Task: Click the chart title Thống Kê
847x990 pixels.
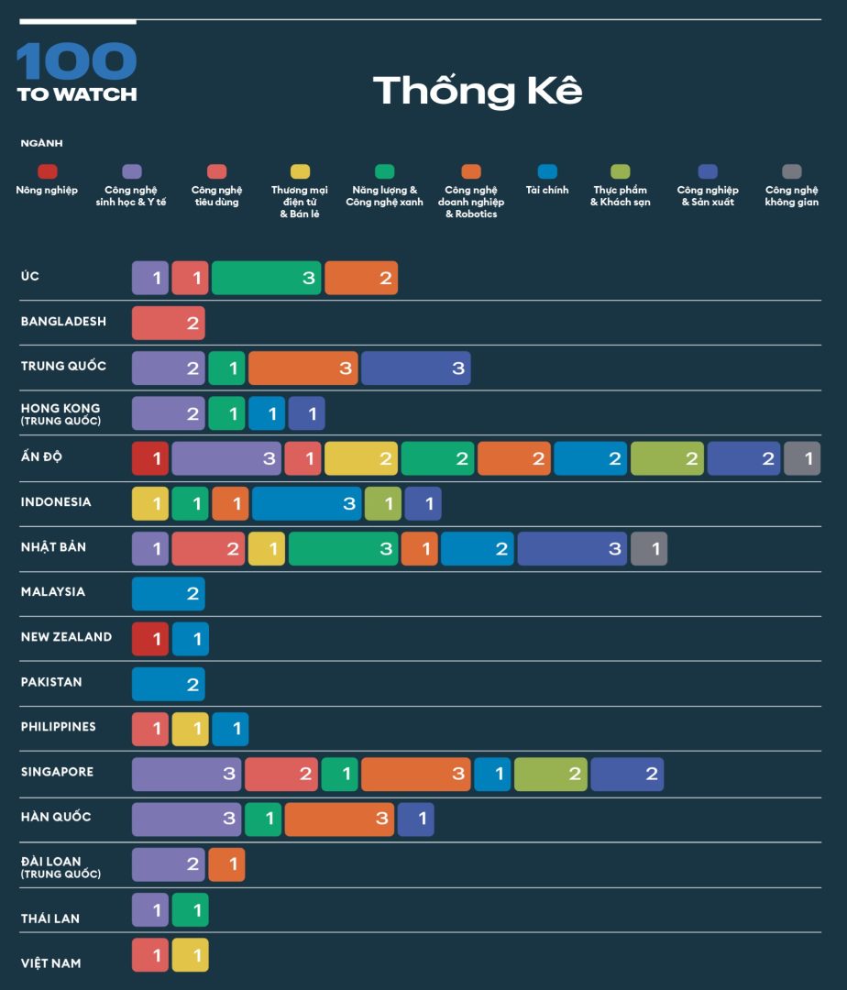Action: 478,91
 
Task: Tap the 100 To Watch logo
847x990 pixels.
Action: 77,72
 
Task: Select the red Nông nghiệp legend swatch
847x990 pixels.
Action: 47,171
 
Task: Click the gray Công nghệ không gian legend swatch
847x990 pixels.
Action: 792,171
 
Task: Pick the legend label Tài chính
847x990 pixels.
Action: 547,191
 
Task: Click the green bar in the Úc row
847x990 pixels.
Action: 266,278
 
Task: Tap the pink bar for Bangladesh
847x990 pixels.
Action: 169,323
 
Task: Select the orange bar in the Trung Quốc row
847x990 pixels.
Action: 302,368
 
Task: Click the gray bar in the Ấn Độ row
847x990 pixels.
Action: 802,458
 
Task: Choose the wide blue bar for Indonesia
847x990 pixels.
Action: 306,503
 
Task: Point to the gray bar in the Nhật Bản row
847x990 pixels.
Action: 649,548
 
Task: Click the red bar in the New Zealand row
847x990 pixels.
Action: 150,639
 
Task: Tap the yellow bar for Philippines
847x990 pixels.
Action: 191,729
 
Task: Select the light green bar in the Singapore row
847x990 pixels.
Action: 550,774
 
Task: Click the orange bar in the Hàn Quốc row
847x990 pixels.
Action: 339,819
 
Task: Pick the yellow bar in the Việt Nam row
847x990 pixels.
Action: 191,954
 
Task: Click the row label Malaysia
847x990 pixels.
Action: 53,592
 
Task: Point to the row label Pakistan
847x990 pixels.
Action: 51,682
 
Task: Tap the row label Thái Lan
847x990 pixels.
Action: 50,918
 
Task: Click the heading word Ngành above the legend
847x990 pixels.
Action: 42,143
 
